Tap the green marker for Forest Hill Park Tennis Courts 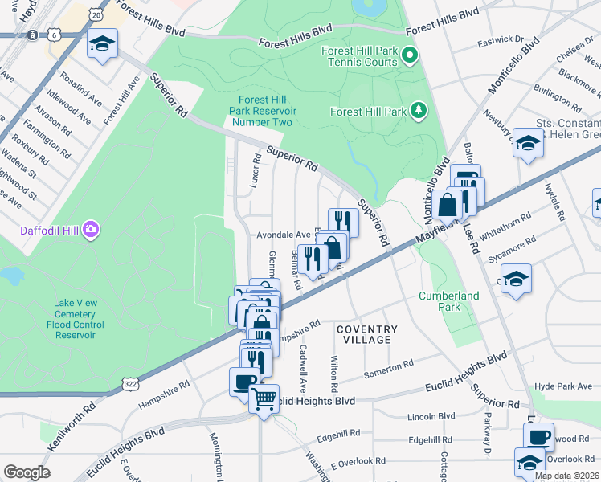pos(410,56)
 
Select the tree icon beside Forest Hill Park pos(418,111)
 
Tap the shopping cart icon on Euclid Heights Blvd pos(264,398)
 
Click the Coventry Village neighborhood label pos(366,334)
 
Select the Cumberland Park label pos(448,301)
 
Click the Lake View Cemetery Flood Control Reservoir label pos(76,319)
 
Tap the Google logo pos(27,472)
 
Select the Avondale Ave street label pos(284,235)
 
